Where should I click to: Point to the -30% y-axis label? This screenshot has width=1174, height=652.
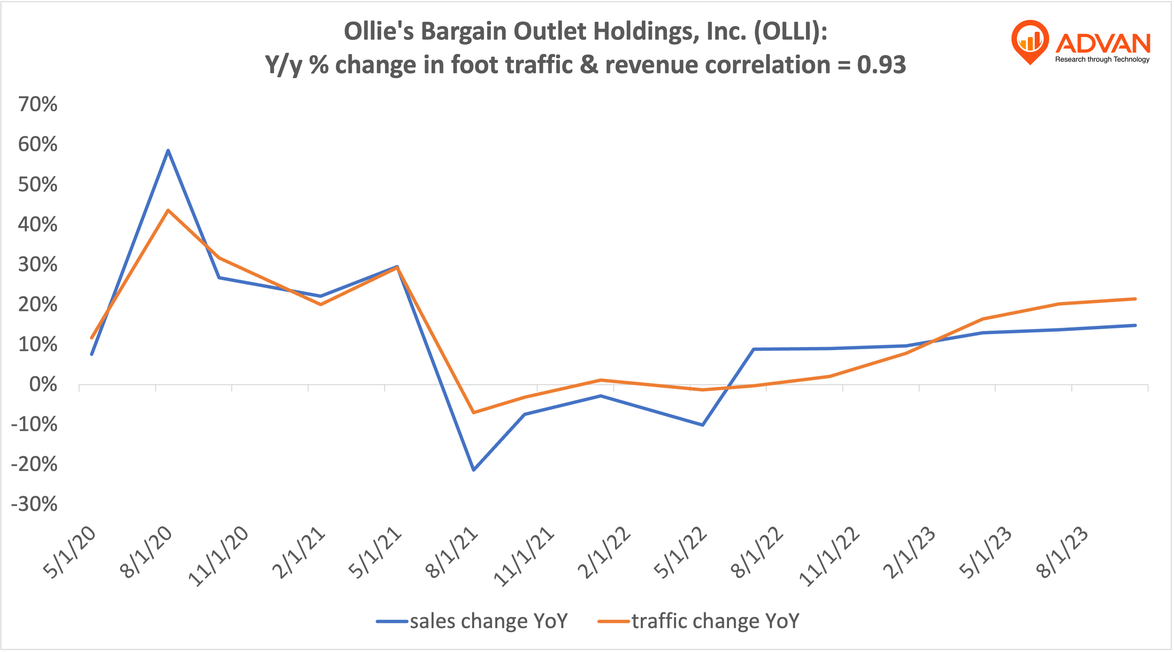click(34, 504)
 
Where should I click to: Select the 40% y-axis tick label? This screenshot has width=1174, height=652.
click(38, 224)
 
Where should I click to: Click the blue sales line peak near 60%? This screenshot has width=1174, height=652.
click(168, 150)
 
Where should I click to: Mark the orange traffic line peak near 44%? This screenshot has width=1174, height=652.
click(168, 210)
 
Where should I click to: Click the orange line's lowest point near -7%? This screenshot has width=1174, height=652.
click(474, 412)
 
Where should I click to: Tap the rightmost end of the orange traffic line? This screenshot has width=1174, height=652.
click(1135, 299)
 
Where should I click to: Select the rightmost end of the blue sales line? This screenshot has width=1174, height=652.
click(1135, 325)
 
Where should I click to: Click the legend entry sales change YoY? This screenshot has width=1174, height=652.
click(472, 621)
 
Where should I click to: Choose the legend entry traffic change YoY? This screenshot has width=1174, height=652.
click(698, 621)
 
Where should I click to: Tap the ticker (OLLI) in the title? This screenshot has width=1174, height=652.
click(790, 32)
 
